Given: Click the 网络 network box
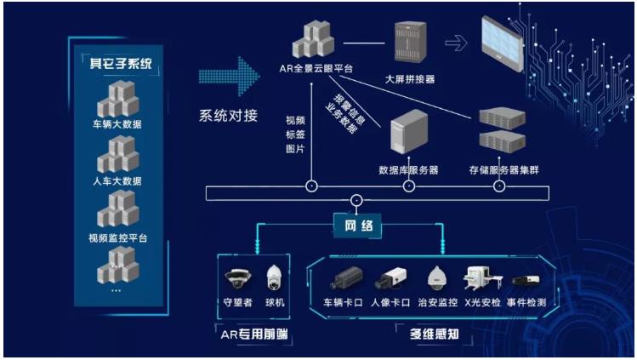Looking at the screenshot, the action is click(357, 226).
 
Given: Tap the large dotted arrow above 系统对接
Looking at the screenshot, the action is click(229, 77).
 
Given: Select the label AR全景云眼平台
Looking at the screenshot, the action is click(316, 69).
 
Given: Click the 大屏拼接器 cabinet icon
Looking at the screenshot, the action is click(410, 43).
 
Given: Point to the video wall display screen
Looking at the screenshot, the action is click(502, 44).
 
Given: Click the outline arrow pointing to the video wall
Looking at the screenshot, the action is click(456, 43).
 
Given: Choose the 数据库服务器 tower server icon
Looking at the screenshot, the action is click(409, 131).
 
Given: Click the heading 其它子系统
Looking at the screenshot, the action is click(121, 63).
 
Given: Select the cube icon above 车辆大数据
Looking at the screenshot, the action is click(118, 99).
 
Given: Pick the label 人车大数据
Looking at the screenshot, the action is click(117, 180).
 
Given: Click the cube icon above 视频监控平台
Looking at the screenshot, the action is click(118, 209).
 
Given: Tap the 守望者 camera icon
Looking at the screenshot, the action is click(237, 278).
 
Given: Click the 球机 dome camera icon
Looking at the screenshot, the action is click(274, 277).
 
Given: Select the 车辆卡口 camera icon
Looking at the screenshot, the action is click(346, 278).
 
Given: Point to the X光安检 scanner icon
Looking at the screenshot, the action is click(482, 278).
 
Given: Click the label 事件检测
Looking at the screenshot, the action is click(526, 302).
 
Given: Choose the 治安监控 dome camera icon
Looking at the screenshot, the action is click(437, 278).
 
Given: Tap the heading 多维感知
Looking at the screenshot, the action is click(435, 334).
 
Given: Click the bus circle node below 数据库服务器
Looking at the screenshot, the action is click(409, 186).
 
